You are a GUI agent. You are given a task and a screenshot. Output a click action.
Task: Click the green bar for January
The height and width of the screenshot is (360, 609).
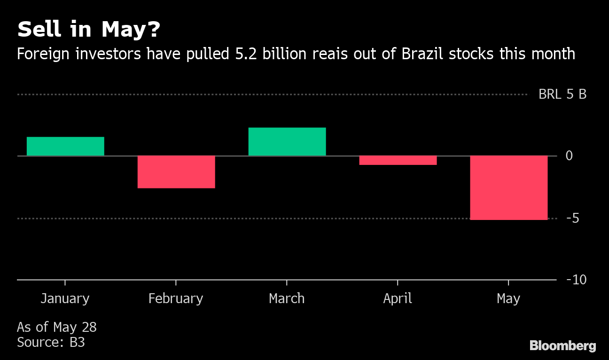(65, 146)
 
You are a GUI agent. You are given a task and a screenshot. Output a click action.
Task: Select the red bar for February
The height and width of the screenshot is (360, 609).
(176, 172)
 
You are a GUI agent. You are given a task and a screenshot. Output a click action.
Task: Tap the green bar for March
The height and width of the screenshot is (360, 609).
(287, 141)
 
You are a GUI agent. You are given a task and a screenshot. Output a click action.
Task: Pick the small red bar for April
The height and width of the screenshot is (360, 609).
(398, 160)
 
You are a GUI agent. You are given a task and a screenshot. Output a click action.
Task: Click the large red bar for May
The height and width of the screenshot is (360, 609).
(508, 188)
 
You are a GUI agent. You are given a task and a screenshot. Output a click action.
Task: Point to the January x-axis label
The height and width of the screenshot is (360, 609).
(65, 298)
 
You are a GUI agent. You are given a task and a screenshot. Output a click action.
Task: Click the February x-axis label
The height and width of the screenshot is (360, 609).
(176, 298)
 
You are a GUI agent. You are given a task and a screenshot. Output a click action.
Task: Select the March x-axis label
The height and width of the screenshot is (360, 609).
(287, 298)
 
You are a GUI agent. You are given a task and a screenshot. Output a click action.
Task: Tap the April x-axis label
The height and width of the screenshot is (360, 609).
(398, 298)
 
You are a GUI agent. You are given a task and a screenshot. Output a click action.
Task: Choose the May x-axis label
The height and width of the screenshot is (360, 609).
(508, 298)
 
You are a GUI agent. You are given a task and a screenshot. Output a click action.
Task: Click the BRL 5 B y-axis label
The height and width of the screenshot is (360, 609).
(562, 94)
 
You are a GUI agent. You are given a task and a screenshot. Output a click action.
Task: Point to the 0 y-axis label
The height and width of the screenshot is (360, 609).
(569, 156)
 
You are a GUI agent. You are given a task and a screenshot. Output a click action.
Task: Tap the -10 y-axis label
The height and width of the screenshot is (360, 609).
(577, 280)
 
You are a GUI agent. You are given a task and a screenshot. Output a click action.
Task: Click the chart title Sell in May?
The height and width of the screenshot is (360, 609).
(89, 30)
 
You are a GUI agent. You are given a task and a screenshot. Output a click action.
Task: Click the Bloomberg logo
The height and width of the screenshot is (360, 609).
(562, 346)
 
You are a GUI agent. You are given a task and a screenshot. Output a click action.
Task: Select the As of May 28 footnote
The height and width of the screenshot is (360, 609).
(57, 327)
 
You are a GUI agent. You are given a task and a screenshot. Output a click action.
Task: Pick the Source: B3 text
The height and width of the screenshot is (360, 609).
(51, 342)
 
